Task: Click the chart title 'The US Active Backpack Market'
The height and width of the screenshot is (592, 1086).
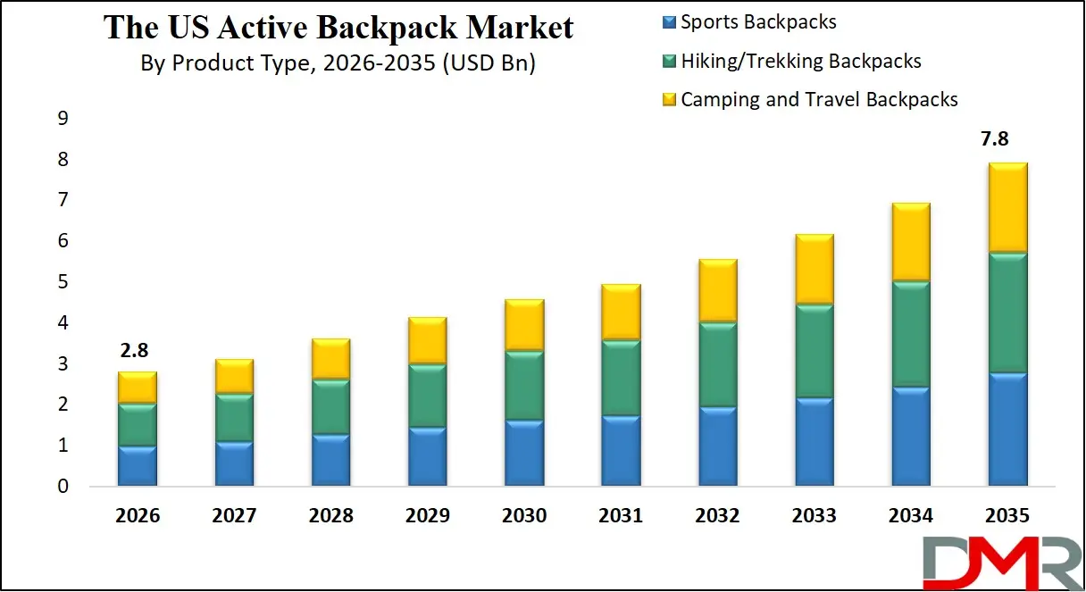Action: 338,28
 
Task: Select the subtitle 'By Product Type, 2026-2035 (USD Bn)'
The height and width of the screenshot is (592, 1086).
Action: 338,64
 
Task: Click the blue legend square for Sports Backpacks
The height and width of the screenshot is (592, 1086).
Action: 668,23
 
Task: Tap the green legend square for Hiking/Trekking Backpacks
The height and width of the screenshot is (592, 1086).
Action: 668,62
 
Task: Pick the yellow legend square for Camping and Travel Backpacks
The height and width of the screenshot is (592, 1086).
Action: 668,100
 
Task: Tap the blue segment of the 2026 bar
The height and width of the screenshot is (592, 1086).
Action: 138,465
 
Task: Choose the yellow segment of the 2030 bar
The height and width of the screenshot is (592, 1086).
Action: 523,325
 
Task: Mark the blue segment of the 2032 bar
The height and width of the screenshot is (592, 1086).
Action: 716,446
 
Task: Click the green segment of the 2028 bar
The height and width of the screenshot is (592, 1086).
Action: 330,407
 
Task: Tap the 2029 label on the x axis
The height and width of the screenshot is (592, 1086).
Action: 427,516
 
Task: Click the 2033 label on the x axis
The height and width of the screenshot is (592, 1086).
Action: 813,516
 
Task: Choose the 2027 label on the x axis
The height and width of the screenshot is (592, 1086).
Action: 234,516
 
